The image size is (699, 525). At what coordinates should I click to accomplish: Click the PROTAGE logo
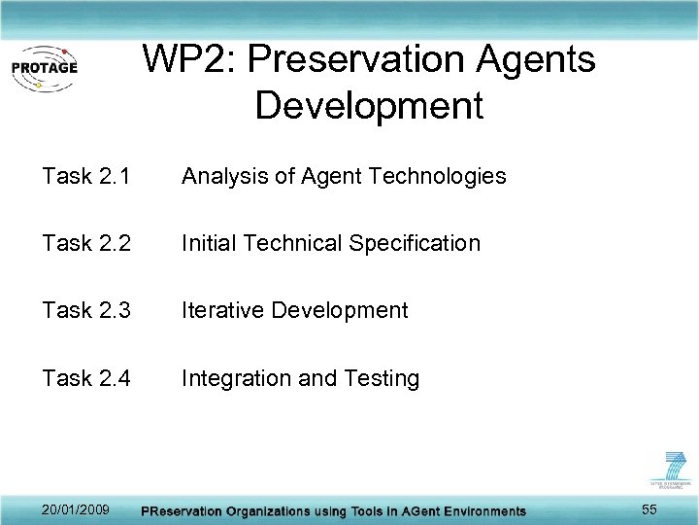(x=44, y=67)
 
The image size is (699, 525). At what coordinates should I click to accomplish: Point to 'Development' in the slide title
(x=369, y=105)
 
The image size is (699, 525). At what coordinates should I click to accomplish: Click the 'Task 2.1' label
(x=86, y=176)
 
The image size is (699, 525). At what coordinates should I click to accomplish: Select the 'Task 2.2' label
(x=86, y=243)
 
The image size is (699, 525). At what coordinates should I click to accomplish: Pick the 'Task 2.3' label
(x=86, y=310)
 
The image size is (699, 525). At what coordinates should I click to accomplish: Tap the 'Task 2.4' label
(x=86, y=377)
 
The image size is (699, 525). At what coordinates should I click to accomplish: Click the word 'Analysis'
(x=220, y=176)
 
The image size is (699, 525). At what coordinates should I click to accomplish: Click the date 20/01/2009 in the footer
(x=76, y=509)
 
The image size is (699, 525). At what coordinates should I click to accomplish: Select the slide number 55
(x=649, y=509)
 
